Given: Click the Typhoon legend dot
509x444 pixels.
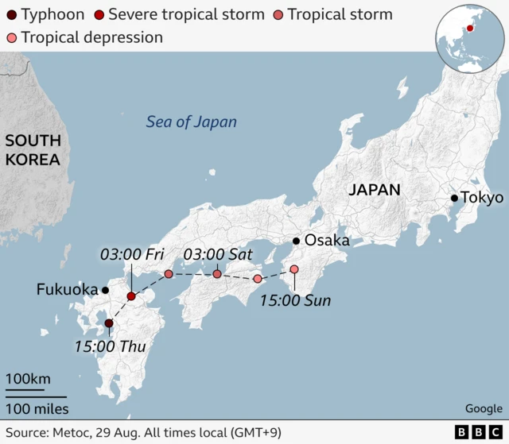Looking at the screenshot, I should [11, 14].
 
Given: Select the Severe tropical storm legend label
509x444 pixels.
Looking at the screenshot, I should [186, 14].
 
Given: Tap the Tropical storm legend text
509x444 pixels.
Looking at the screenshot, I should [340, 14].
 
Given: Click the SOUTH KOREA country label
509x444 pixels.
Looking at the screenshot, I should [33, 150].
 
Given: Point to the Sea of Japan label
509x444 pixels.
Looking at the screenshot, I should [191, 122].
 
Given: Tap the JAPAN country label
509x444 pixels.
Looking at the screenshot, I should [374, 189].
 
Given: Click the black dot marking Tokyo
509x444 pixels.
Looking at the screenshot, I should [454, 198].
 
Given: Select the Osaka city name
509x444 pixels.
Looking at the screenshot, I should [327, 241].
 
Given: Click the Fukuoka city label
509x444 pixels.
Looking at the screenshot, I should [66, 290].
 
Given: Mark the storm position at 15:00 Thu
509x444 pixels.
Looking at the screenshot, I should [109, 323].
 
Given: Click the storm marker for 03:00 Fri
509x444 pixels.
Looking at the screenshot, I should [131, 296].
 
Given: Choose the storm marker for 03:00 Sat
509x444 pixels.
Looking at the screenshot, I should [217, 274].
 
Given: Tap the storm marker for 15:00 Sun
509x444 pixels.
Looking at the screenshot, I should [294, 269].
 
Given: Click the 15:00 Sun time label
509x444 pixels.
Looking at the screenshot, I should [296, 300].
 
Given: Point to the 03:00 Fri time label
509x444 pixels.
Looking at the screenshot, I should [131, 254].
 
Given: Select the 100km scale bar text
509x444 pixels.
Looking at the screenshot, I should [29, 378].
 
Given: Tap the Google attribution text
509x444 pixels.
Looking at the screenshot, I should [484, 408].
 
